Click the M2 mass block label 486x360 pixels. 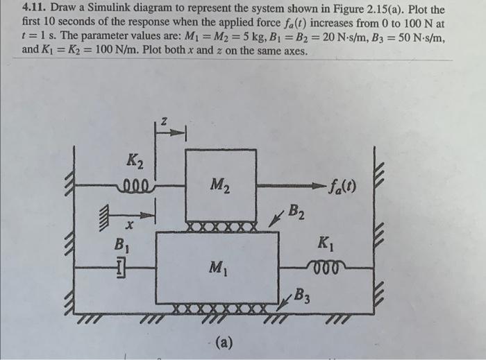tap(220, 185)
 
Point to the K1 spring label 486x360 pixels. tap(324, 243)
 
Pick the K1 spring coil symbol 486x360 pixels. tap(324, 266)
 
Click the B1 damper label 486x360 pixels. tap(121, 243)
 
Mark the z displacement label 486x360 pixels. tap(164, 121)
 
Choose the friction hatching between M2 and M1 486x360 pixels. tap(220, 227)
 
